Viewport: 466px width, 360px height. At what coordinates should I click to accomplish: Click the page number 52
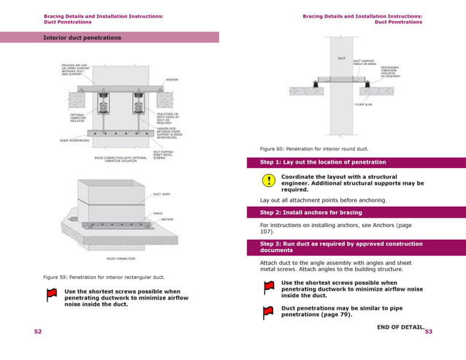pos(38,332)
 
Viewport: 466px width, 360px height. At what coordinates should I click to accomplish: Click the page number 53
pos(429,332)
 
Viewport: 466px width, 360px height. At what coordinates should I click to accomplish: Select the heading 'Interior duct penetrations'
pos(82,37)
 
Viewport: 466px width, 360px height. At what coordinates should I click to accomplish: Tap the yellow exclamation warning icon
pos(269,180)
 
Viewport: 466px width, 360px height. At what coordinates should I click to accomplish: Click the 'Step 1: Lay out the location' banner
pos(323,162)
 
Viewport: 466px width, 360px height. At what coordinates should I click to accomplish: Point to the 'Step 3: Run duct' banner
pos(341,247)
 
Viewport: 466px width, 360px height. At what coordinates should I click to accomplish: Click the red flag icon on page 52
pos(51,295)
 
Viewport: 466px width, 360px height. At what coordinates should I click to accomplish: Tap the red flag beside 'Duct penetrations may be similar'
pos(269,313)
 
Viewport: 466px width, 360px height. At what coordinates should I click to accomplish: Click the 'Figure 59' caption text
pos(104,277)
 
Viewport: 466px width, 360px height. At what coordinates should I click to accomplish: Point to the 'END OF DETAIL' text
pos(400,326)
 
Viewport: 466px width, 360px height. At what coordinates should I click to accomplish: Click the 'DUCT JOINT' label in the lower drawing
pos(161,195)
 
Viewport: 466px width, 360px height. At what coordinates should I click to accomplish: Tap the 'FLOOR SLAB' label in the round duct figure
pos(363,105)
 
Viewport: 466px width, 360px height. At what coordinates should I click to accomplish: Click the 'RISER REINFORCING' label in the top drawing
pos(73,140)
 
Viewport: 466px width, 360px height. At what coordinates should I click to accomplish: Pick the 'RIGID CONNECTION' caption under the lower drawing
pos(120,258)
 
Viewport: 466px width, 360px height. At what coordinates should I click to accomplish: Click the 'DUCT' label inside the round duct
pos(341,58)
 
